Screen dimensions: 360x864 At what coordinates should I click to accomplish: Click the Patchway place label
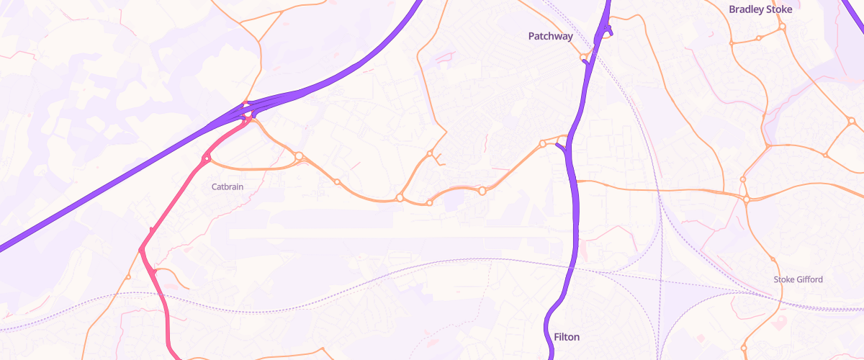(550, 35)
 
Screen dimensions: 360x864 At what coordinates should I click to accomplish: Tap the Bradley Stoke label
(760, 9)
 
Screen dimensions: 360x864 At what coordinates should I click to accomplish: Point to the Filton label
(567, 337)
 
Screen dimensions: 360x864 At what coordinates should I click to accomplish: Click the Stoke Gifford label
(798, 279)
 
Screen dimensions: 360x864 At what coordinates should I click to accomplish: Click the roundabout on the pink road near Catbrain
(207, 158)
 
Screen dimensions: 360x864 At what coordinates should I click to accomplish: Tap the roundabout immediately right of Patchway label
(584, 58)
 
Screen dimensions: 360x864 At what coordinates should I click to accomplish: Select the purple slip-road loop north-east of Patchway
(608, 30)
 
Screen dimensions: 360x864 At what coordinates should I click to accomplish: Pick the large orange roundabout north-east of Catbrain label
(299, 156)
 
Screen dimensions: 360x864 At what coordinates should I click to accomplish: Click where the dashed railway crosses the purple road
(575, 265)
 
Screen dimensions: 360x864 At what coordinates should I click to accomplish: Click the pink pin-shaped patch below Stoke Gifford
(779, 321)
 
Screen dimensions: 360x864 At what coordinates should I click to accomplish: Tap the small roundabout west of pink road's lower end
(128, 277)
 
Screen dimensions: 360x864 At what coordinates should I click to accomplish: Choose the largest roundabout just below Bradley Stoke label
(782, 27)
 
